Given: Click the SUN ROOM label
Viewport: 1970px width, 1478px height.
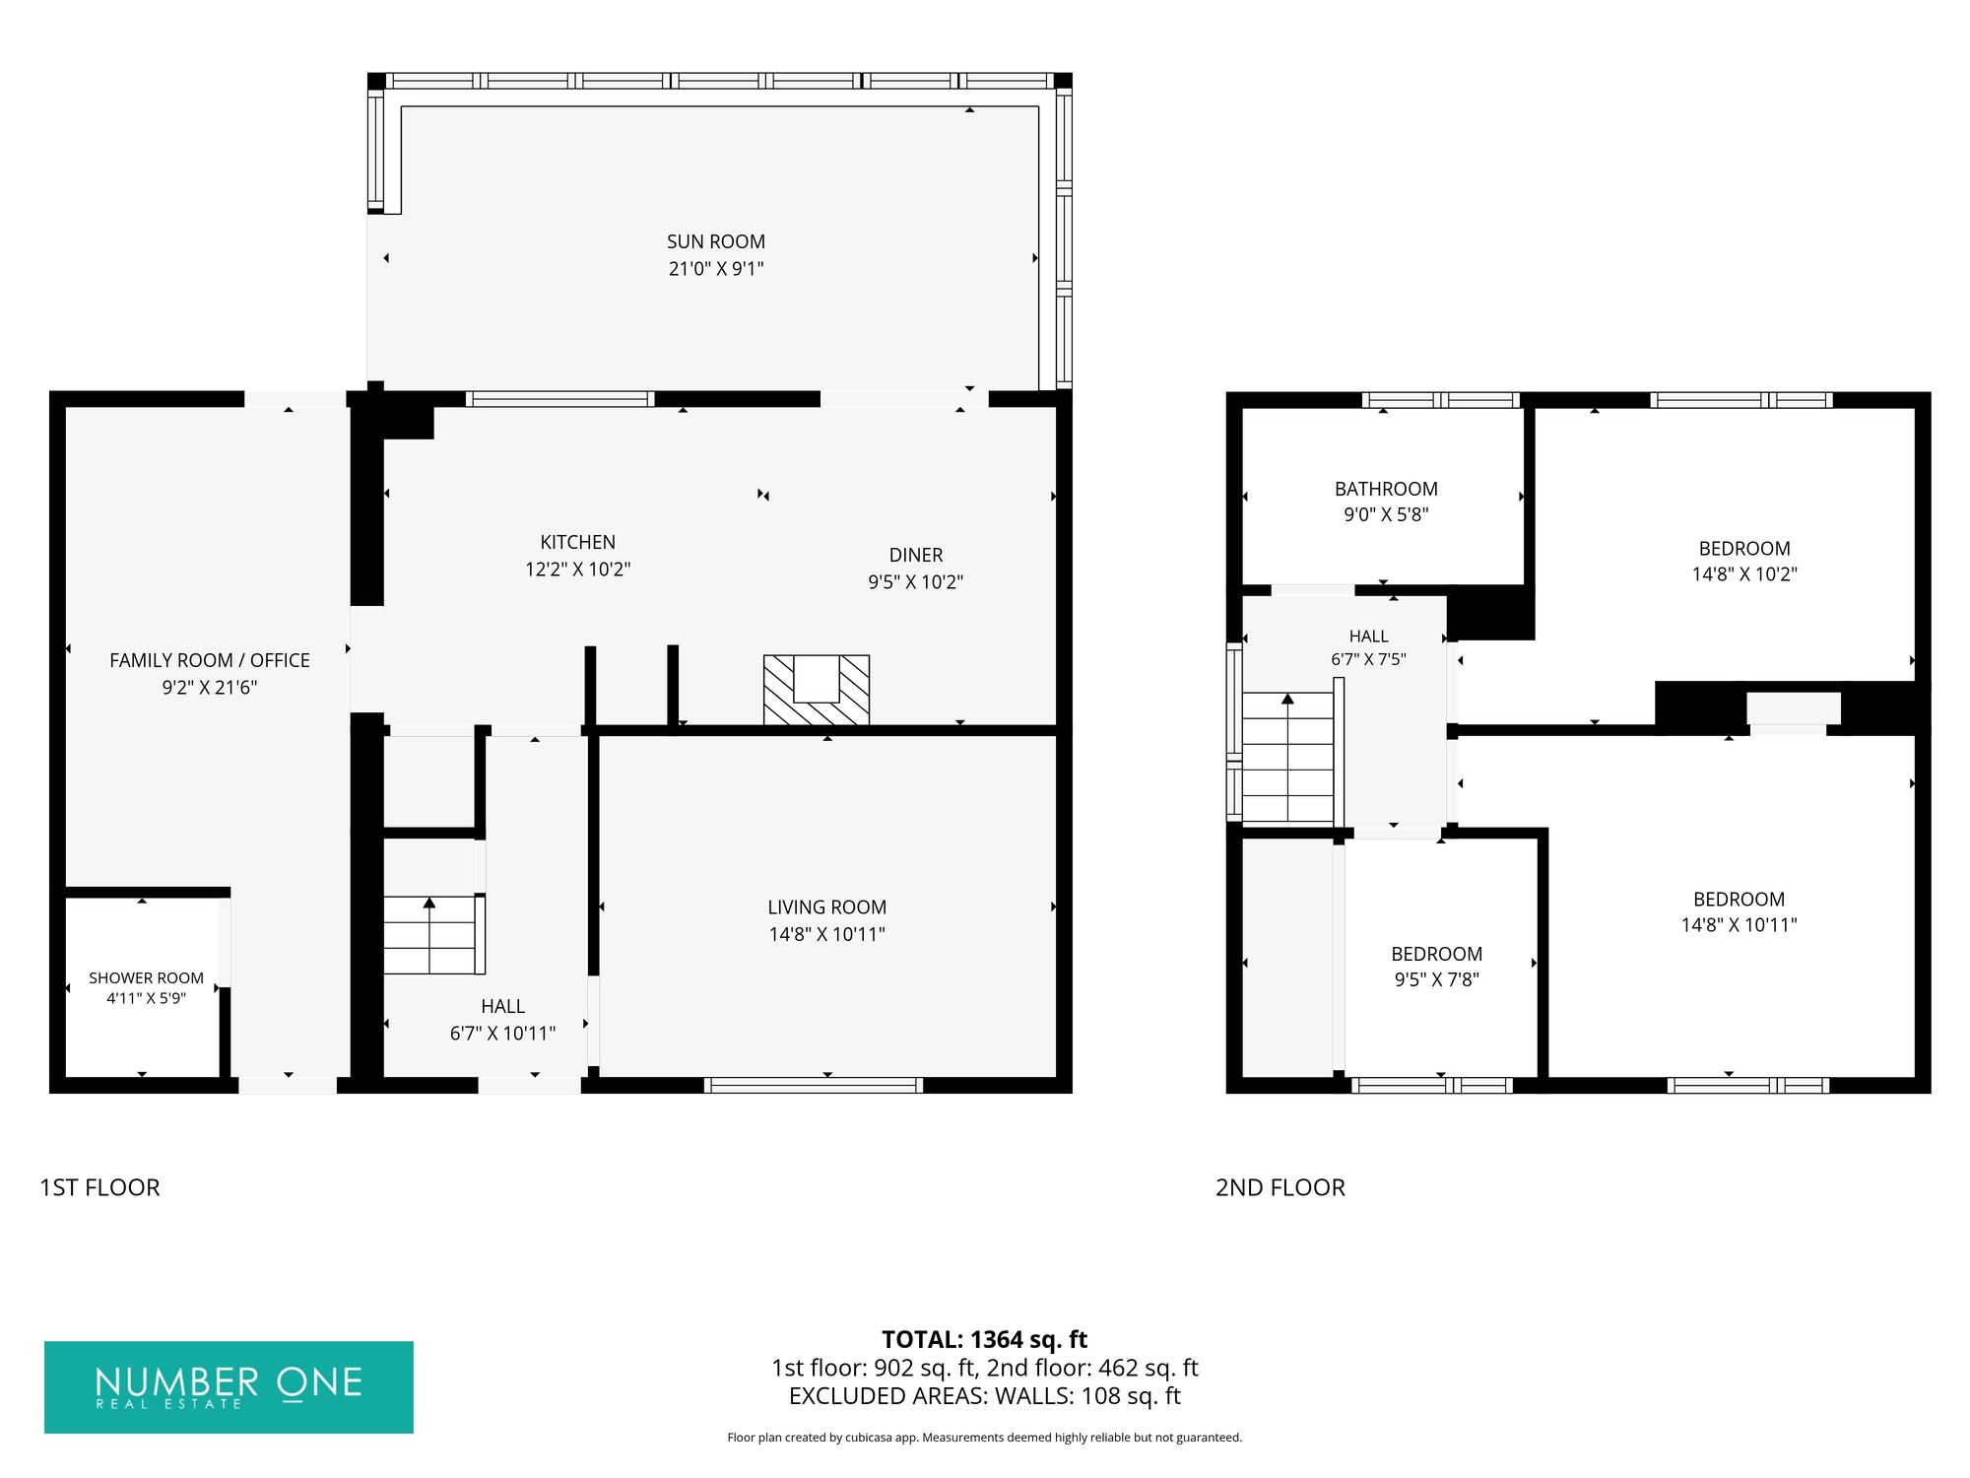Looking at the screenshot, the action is coord(716,241).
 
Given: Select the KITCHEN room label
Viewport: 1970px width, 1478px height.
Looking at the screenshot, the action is coord(577,542).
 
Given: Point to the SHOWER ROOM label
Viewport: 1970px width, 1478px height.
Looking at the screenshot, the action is coord(146,977).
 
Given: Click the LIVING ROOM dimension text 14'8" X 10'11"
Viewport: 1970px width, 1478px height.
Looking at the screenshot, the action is coord(827,934).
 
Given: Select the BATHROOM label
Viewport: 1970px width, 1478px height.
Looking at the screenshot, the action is coord(1386,489).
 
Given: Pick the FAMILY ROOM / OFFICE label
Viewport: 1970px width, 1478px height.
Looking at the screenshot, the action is coord(210,660).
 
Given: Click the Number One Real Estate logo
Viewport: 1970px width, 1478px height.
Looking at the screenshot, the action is coord(229,1386).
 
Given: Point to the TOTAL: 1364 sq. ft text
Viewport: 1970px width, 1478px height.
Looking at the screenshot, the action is coord(984,1339).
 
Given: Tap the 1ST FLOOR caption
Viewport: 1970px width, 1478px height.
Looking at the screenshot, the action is coord(99,1187).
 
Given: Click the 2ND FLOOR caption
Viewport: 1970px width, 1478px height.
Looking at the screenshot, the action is coord(1280,1187).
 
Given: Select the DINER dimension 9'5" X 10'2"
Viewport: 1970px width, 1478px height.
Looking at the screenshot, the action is coord(915,582).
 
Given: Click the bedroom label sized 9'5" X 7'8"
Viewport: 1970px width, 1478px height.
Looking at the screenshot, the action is coord(1436,954).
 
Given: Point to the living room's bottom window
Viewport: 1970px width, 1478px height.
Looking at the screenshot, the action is coord(814,1085).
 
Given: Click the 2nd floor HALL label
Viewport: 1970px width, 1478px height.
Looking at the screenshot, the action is coord(1369,637).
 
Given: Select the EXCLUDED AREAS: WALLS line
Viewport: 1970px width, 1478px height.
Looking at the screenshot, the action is coord(984,1396).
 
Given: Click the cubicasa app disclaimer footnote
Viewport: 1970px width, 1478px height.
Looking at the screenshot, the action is coord(984,1438).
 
